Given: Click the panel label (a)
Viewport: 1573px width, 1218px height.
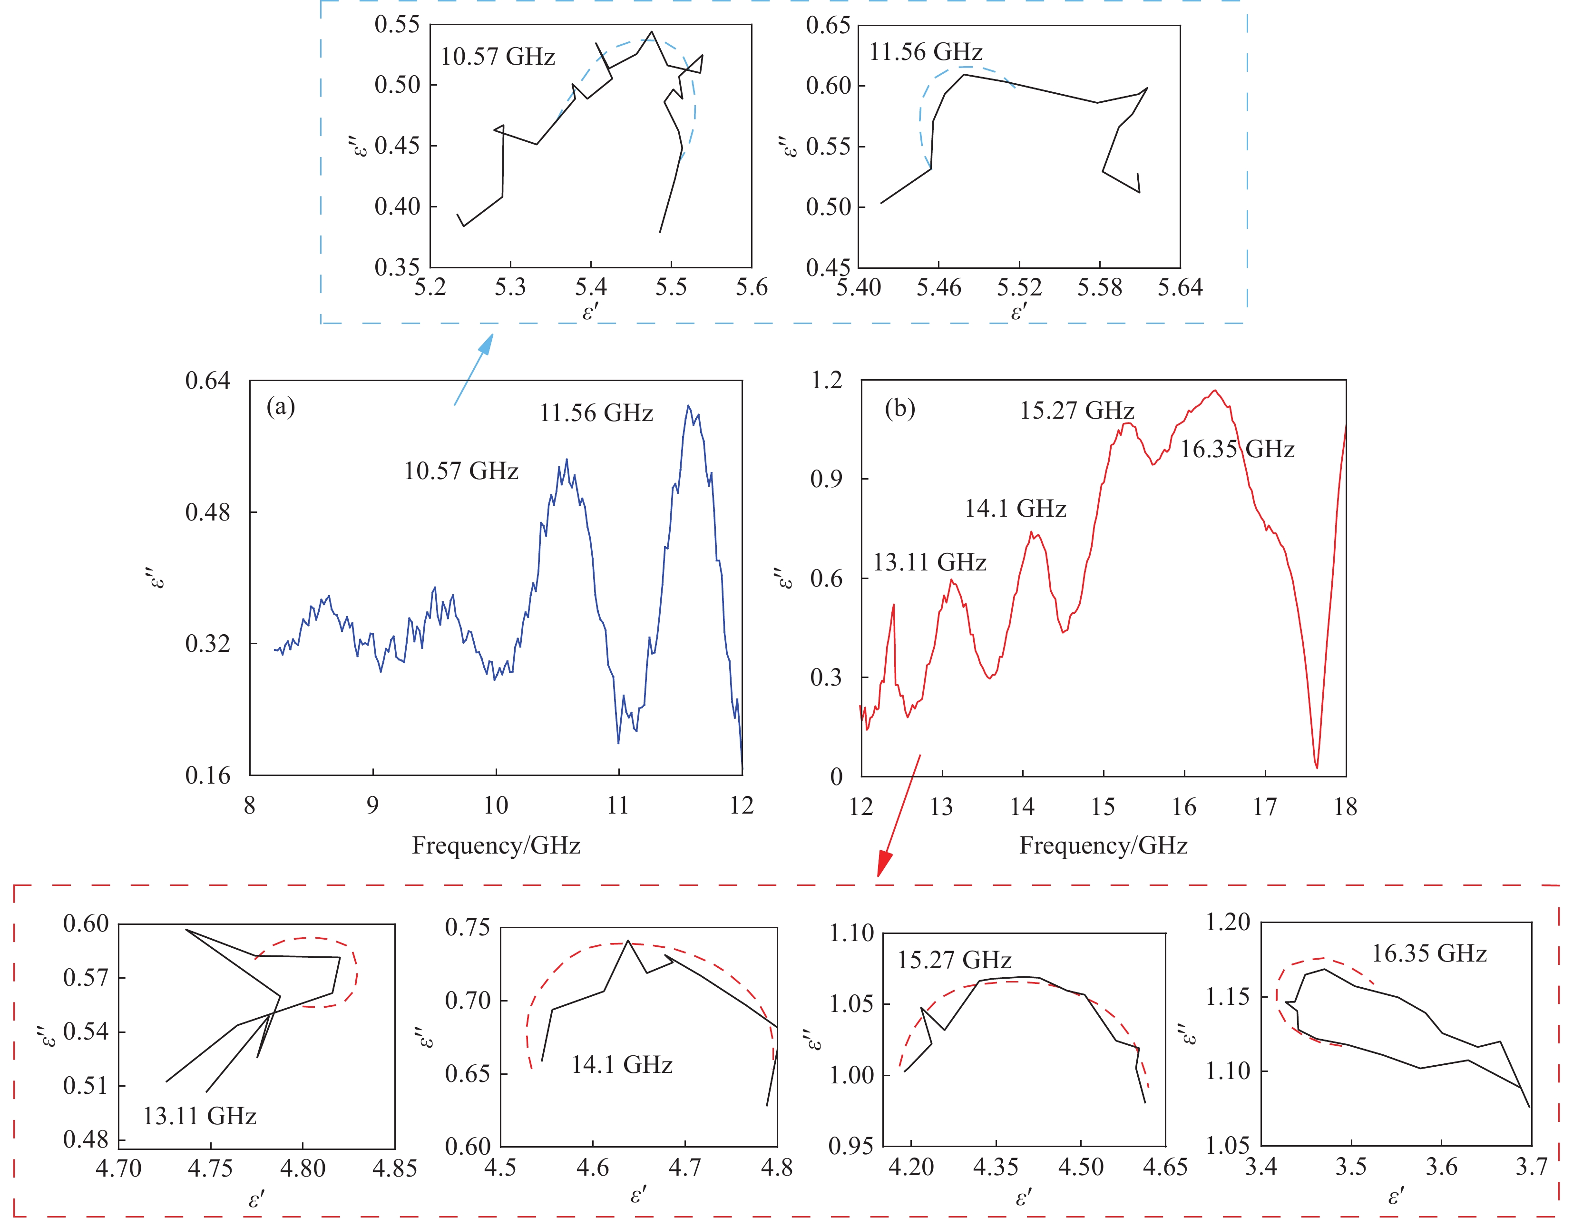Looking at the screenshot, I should (x=280, y=408).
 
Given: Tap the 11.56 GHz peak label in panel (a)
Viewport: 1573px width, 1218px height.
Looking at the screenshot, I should (x=596, y=413).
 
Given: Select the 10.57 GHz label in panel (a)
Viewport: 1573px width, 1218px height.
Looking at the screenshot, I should (x=461, y=471).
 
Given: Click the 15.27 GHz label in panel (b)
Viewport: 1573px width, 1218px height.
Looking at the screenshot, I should (x=1077, y=411).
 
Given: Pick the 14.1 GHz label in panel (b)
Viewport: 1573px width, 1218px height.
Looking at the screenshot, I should (x=1016, y=509).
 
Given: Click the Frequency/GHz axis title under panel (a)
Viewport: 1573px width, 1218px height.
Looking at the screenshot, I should (x=496, y=845).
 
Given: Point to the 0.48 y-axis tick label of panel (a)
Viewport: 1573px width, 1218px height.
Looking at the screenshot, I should (x=207, y=512).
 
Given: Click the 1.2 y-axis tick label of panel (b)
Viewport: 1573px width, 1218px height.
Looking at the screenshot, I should (x=826, y=380).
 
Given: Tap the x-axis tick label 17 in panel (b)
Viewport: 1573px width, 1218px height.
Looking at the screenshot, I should (x=1265, y=807).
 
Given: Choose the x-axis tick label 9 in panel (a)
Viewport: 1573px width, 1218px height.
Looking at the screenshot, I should (x=372, y=805).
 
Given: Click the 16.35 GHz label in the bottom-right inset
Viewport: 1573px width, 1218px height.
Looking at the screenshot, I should (x=1429, y=953).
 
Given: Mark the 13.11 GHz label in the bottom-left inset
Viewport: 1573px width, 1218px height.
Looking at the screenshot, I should (x=199, y=1117).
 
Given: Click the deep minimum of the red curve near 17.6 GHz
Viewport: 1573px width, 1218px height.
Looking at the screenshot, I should (x=1317, y=766).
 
